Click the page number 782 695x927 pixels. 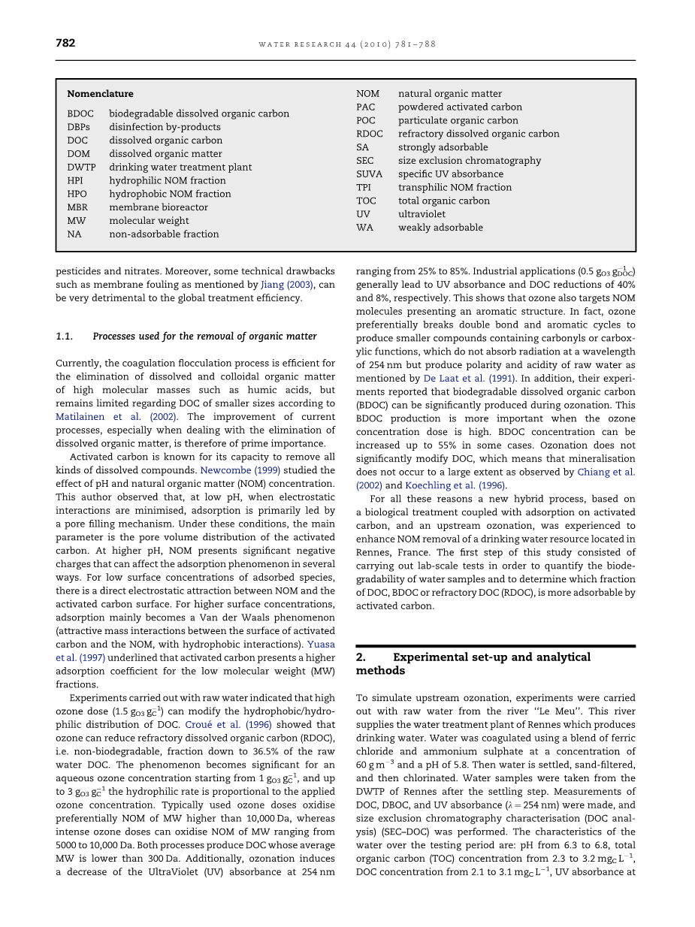65,44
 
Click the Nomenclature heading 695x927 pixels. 100,94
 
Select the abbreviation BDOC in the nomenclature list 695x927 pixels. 80,113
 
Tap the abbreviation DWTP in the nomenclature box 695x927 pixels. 81,167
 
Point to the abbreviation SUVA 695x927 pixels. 369,174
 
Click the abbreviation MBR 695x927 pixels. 77,207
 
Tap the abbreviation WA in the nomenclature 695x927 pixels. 364,227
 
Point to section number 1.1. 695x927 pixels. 64,337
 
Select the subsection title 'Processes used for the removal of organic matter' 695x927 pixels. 204,337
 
